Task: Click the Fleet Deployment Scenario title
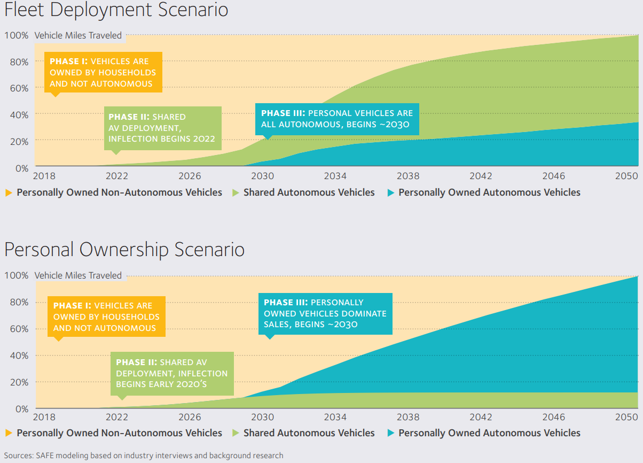[116, 10]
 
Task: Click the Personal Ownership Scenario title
[124, 250]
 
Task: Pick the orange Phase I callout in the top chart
[103, 72]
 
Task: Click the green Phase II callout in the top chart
[162, 128]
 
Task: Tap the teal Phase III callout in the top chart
[337, 119]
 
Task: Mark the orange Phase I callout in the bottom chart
[106, 317]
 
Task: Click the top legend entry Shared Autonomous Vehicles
[309, 192]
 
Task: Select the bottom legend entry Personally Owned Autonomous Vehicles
[489, 433]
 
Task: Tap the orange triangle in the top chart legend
[9, 192]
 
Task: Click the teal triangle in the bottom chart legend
[391, 433]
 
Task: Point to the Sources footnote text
[144, 456]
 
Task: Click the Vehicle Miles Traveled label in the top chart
[78, 36]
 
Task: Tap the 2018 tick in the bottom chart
[44, 417]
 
